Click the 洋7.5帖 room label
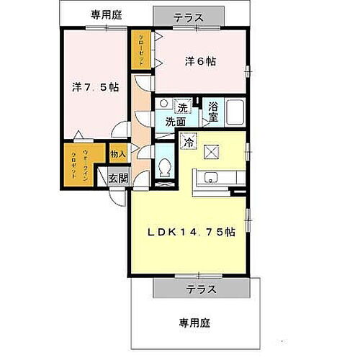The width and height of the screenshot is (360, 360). coord(95,87)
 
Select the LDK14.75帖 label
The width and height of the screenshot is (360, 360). coord(190,232)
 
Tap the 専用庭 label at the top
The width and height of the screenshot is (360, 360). coord(107,15)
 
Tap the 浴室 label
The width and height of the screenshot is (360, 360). coord(213,112)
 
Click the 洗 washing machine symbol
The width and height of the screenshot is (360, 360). coord(183,108)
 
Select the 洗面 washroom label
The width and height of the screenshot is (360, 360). coord(174,122)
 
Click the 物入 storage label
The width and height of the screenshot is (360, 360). coord(118,153)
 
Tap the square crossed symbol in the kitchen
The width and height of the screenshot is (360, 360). coord(212,151)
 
